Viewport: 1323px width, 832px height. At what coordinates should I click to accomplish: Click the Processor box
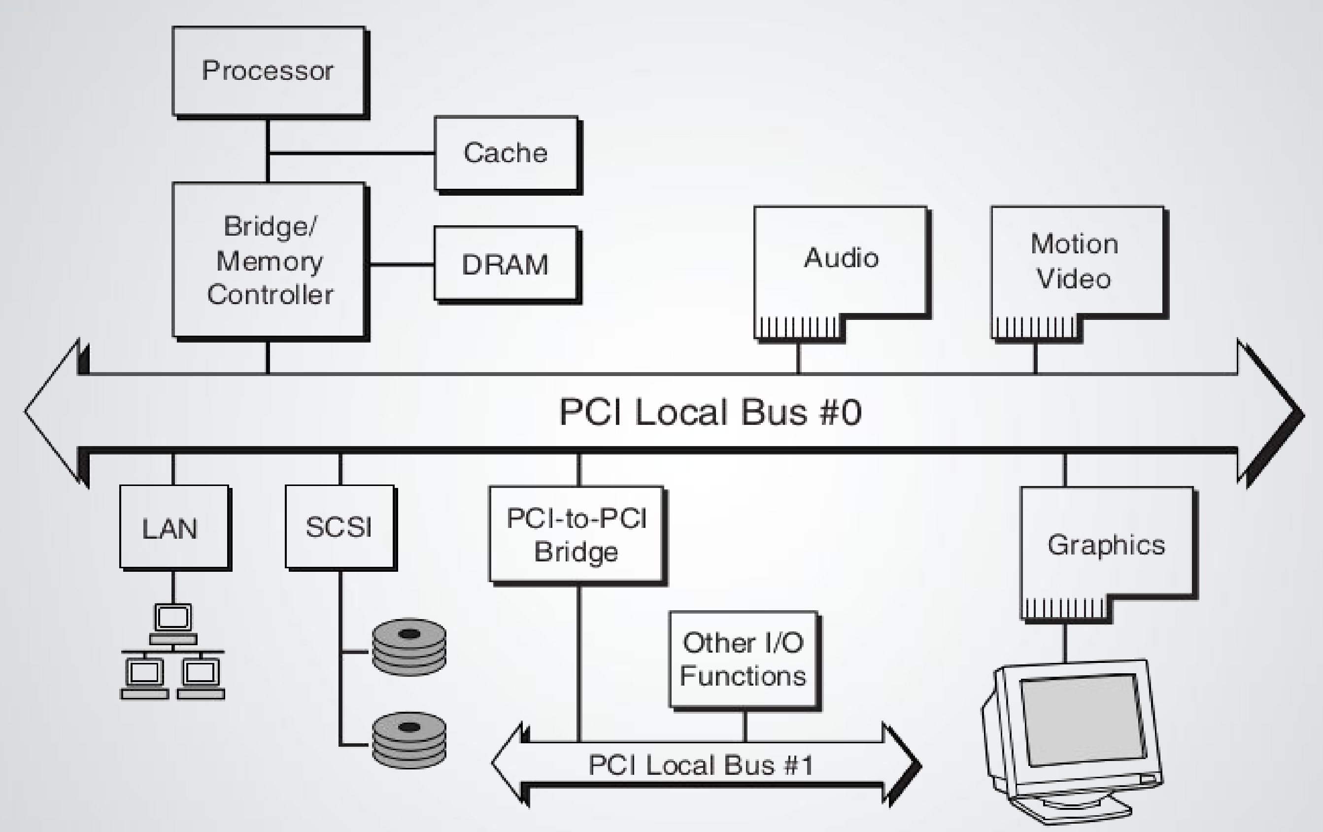[x=268, y=71]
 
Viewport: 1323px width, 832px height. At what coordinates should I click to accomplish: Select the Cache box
[x=506, y=153]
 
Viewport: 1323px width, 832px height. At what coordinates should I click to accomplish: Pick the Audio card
[x=841, y=258]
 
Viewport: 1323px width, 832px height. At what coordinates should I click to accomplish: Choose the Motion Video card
[x=1076, y=261]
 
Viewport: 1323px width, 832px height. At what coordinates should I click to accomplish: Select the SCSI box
[x=339, y=526]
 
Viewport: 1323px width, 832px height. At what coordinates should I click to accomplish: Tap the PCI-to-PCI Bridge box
[x=576, y=534]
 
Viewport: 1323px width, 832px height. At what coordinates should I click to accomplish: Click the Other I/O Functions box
[x=743, y=659]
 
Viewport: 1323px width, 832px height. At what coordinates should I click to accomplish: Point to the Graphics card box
[x=1106, y=544]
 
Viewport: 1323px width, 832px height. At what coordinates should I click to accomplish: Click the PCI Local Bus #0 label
[x=710, y=412]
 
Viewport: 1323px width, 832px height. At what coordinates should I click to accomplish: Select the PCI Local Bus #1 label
[x=701, y=765]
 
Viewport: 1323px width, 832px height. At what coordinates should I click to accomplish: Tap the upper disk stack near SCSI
[x=409, y=647]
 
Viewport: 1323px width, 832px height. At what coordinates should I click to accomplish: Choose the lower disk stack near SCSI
[x=409, y=740]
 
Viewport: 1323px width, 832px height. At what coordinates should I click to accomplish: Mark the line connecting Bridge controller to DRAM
[x=401, y=264]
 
